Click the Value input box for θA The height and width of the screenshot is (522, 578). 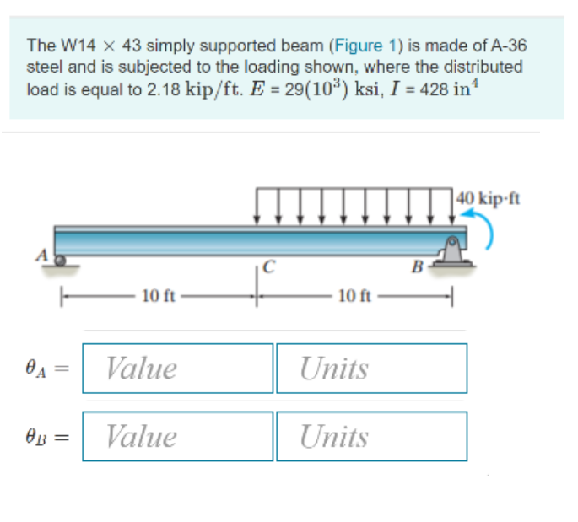(178, 369)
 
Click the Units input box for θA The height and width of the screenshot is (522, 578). (371, 369)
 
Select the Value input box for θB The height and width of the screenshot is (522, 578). (178, 436)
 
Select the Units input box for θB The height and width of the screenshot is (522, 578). (371, 436)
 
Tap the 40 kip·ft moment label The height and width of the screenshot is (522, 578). (487, 199)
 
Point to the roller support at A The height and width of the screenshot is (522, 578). (60, 261)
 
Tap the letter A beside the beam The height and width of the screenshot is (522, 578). (39, 256)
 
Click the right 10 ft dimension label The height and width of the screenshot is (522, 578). (353, 295)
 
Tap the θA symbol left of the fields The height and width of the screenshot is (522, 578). (37, 369)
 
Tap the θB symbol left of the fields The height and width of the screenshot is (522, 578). (37, 437)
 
